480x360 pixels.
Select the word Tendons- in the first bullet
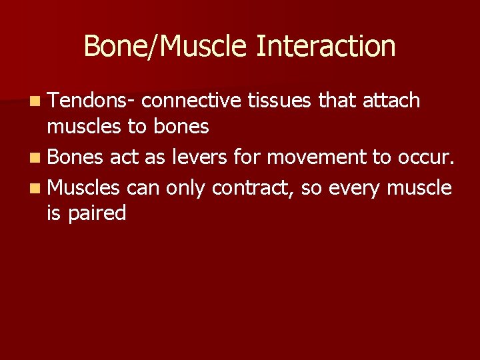[x=92, y=101]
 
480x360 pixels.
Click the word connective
[x=191, y=101]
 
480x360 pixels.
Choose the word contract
[x=253, y=188]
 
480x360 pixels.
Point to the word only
[x=186, y=188]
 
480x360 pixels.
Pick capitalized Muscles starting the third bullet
[x=83, y=188]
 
